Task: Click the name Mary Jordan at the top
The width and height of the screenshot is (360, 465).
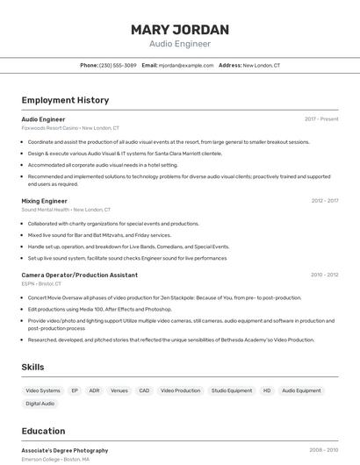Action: coord(180,29)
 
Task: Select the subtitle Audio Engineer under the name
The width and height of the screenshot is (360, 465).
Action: coord(180,43)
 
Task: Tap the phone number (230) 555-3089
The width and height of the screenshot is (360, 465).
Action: coord(118,65)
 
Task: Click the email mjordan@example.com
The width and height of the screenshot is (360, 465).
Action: coord(186,65)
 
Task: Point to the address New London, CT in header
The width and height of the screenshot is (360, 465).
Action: coord(262,65)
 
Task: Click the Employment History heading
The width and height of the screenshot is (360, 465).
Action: coord(65,100)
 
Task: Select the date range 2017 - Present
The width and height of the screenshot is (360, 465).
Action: coord(321,118)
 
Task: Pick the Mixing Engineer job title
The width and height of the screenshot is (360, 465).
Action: coord(44,201)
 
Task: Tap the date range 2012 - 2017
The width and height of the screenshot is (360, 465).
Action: coord(324,201)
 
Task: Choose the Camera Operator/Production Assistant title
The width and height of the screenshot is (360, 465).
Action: coord(79,275)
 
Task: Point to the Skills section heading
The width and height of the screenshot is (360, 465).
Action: coord(33,367)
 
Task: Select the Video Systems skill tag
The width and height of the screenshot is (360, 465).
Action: coord(43,390)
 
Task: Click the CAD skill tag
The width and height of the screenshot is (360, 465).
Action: coord(144,390)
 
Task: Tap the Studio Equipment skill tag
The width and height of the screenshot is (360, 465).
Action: coord(232,390)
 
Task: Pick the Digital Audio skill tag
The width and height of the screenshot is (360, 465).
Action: coord(40,404)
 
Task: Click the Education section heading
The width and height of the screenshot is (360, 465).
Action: coord(43,431)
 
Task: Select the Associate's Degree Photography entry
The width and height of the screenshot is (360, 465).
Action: coord(65,450)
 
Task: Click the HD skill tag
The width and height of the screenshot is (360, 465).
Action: coord(267,390)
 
